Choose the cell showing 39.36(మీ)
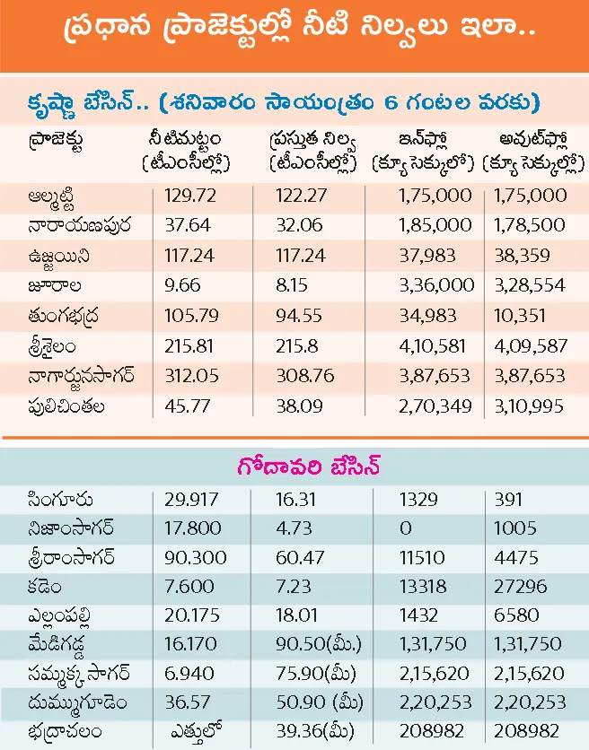308,732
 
